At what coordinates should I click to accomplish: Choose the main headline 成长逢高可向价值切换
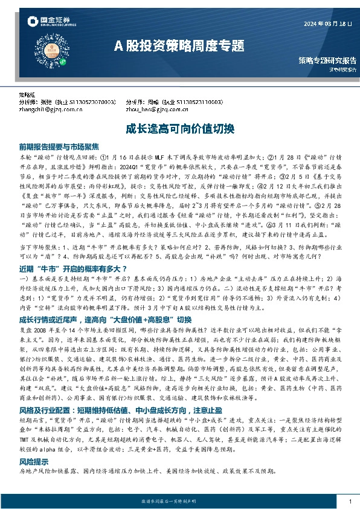tap(179, 129)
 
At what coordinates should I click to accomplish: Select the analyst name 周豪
tap(153, 103)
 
